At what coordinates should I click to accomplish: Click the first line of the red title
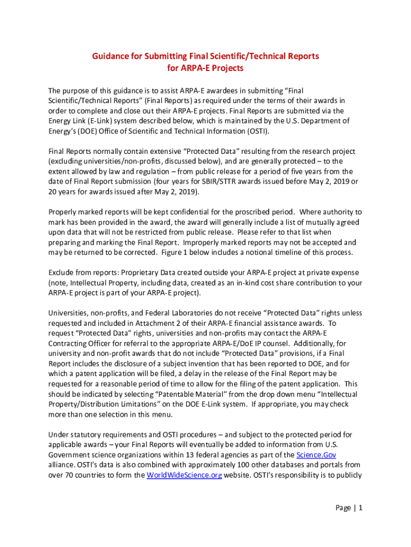pyautogui.click(x=205, y=56)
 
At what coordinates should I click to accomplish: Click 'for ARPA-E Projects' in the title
pyautogui.click(x=205, y=68)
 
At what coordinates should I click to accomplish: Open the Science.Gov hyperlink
pyautogui.click(x=316, y=455)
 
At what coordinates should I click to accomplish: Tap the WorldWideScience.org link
pyautogui.click(x=184, y=475)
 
